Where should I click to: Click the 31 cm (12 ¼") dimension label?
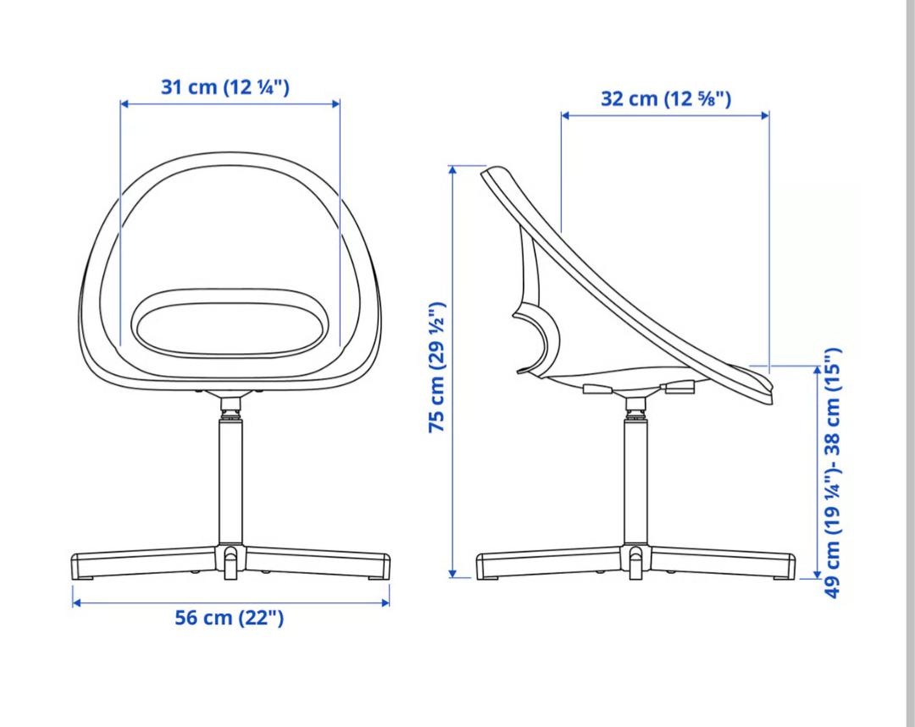225,87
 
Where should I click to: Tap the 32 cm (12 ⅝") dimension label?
666,98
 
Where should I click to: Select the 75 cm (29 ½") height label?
438,367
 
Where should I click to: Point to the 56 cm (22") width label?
230,618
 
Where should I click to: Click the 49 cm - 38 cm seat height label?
832,473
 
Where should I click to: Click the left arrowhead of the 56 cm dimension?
76,602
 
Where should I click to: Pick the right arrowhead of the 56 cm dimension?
385,602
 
